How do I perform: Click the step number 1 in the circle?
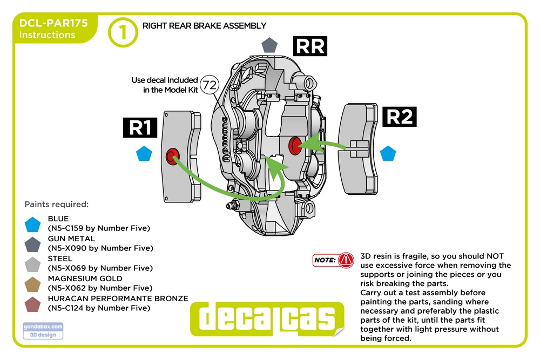(x=123, y=32)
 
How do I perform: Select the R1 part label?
(x=140, y=127)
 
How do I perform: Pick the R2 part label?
(x=400, y=117)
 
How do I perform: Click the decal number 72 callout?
(x=208, y=85)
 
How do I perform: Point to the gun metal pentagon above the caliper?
(x=269, y=45)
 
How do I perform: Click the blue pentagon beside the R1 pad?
(x=144, y=154)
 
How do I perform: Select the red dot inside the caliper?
(x=295, y=144)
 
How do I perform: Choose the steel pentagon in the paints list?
(x=33, y=264)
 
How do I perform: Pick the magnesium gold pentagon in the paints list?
(x=33, y=284)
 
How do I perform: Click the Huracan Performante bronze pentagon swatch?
(x=33, y=304)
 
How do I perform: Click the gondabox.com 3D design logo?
(x=43, y=330)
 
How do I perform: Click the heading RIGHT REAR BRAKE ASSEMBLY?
(x=204, y=25)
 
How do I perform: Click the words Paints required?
(x=57, y=205)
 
